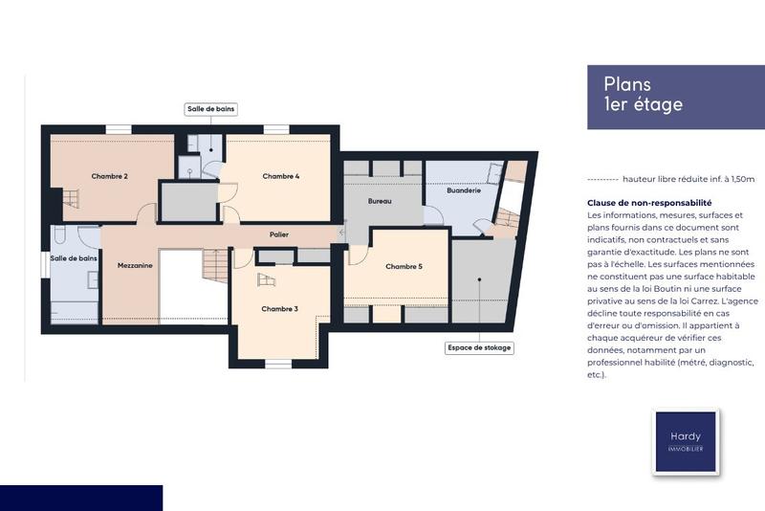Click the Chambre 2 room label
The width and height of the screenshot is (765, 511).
[110, 176]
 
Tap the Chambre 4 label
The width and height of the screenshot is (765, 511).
[281, 176]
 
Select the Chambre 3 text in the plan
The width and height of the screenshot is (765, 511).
[280, 308]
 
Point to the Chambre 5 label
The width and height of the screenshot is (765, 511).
[404, 266]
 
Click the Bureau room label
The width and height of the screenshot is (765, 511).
[380, 202]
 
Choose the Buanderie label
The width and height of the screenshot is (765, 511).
[464, 190]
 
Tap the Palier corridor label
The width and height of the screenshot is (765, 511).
[279, 234]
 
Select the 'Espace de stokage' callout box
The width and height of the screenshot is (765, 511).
[479, 347]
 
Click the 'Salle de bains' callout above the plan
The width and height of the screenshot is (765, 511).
[210, 110]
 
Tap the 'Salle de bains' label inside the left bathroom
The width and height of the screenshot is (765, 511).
[74, 258]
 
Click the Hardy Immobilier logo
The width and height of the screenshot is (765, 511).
[685, 441]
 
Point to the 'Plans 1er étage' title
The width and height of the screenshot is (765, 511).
[643, 95]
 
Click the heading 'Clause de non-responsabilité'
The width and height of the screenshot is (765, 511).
[649, 203]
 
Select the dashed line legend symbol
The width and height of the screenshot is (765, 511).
[601, 179]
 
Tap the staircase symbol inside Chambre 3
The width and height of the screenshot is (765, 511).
[266, 279]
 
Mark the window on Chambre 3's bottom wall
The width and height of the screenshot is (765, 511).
[277, 363]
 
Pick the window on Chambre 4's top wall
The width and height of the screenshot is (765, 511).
[276, 129]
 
